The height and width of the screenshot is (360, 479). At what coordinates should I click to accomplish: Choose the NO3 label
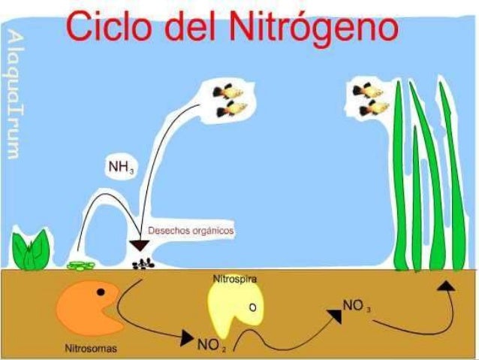(x=356, y=305)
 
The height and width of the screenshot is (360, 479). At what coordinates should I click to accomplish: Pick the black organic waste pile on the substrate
(x=140, y=264)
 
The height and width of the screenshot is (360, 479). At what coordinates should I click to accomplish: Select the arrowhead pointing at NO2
(x=187, y=340)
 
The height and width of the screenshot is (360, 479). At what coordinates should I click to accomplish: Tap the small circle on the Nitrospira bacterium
(x=253, y=306)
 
